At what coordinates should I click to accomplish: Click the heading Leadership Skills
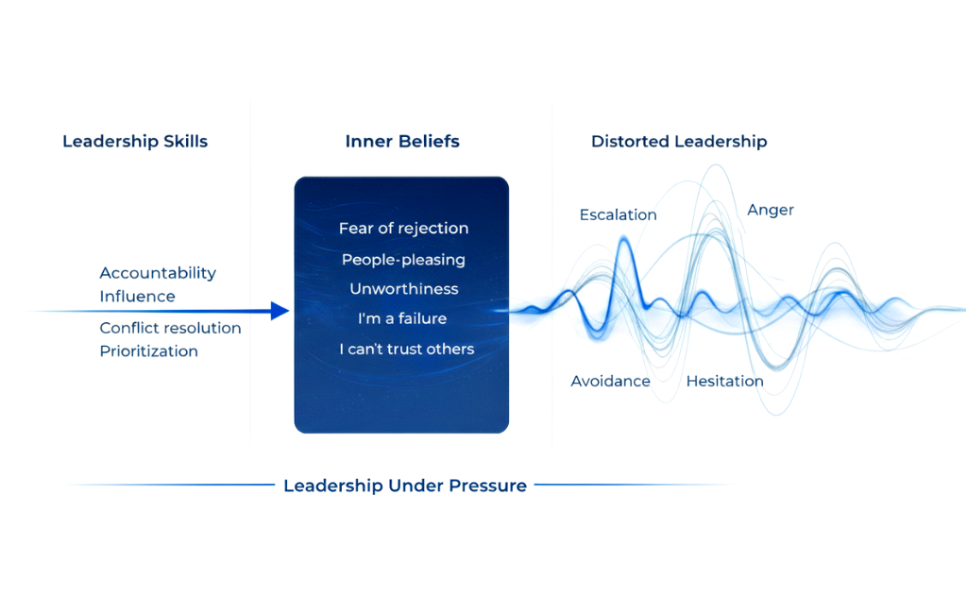pyautogui.click(x=135, y=142)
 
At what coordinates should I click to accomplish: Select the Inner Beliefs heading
pyautogui.click(x=402, y=142)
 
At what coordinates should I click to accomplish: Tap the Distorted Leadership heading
pyautogui.click(x=679, y=142)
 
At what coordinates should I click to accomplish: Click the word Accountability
pyautogui.click(x=158, y=273)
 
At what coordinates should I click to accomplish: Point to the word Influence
pyautogui.click(x=137, y=296)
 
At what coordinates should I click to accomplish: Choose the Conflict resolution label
pyautogui.click(x=170, y=328)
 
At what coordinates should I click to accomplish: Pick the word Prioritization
pyautogui.click(x=149, y=351)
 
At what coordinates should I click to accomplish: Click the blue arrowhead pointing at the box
pyautogui.click(x=280, y=311)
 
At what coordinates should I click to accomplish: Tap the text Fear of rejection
pyautogui.click(x=403, y=229)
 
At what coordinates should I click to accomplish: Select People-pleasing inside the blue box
pyautogui.click(x=403, y=259)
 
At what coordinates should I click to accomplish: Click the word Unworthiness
pyautogui.click(x=403, y=289)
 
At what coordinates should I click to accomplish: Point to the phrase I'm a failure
pyautogui.click(x=402, y=319)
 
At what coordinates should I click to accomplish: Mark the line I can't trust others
pyautogui.click(x=406, y=350)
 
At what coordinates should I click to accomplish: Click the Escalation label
pyautogui.click(x=618, y=214)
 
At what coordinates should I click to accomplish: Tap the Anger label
pyautogui.click(x=771, y=210)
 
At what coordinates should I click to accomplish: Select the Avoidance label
pyautogui.click(x=610, y=382)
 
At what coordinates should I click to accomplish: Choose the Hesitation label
pyautogui.click(x=724, y=382)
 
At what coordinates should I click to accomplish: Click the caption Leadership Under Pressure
pyautogui.click(x=405, y=486)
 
